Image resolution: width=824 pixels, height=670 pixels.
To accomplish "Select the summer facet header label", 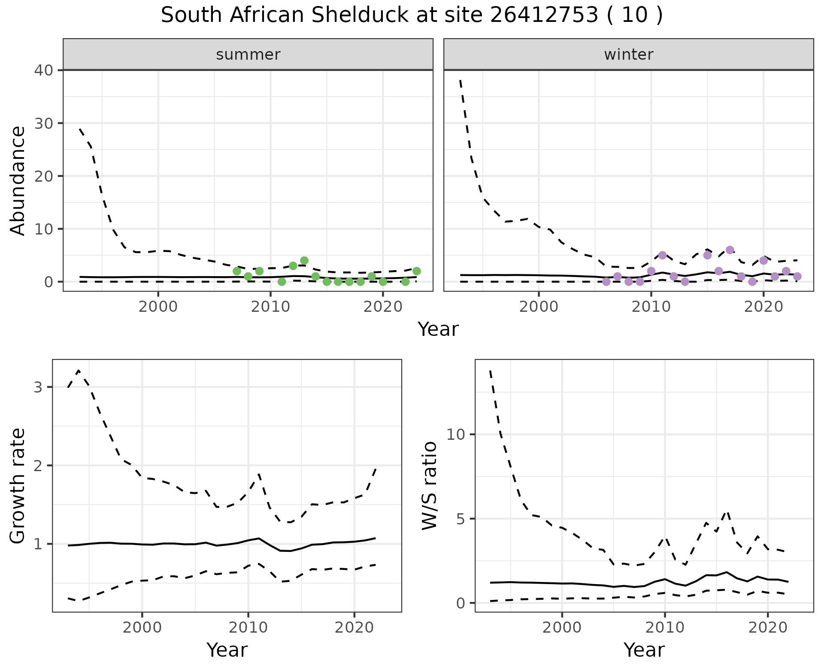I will (x=248, y=55).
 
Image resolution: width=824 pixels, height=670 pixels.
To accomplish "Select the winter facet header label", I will (x=628, y=55).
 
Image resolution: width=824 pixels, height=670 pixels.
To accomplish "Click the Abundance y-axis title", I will (x=18, y=180).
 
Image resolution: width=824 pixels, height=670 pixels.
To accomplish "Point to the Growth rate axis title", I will (x=18, y=485).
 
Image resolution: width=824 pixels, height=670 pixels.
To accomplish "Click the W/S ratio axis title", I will (x=429, y=485).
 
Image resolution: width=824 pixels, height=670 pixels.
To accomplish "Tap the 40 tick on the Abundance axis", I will (x=43, y=70).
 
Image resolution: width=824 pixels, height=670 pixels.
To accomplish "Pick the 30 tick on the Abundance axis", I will (x=43, y=123).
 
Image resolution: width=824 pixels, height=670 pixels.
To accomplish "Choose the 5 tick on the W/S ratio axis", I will (x=460, y=519).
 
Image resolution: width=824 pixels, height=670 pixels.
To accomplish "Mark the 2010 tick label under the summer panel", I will (x=270, y=308).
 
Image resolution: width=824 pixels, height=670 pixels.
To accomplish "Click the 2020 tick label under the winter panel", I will (x=763, y=308).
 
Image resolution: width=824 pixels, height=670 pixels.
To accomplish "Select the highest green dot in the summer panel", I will (x=304, y=261).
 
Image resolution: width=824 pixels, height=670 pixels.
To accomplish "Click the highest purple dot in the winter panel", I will (x=730, y=250).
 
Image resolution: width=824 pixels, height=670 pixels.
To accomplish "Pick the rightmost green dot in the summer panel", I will (x=416, y=271).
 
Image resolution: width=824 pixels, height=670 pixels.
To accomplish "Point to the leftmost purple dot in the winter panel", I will (x=606, y=282).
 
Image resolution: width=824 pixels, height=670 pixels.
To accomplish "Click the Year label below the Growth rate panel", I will (x=227, y=650).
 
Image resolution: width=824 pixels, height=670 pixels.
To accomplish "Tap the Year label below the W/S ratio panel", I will (x=644, y=650).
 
